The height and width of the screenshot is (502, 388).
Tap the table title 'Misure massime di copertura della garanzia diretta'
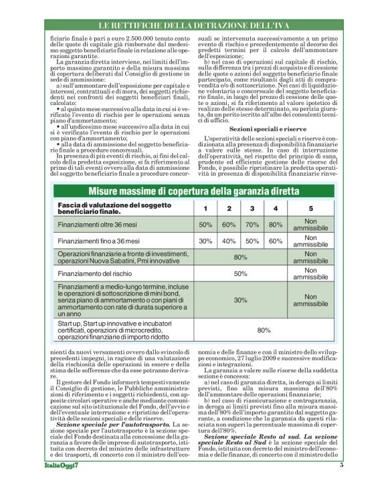point(194,192)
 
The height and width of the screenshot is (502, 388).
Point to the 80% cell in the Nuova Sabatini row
point(240,256)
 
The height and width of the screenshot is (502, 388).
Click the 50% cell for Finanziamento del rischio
point(240,273)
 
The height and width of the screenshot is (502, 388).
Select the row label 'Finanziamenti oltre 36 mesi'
point(98,225)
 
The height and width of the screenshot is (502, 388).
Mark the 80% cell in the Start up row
point(264,330)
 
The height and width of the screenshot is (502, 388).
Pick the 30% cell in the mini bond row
point(240,300)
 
